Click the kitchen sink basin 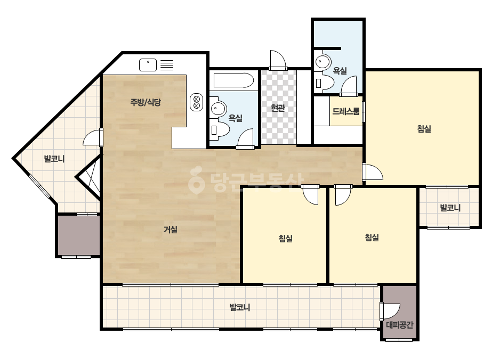pos(148,65)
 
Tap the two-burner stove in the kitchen pos(196,102)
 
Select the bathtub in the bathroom pos(233,80)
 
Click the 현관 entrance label pos(278,108)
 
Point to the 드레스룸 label pos(346,111)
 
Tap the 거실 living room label pos(171,230)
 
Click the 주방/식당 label pos(146,102)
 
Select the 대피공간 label pos(399,325)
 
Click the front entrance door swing pos(278,60)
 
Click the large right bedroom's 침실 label pos(424,128)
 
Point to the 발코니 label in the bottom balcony pos(240,307)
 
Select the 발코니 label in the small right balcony pos(450,208)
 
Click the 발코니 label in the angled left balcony pos(54,159)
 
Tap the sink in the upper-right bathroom pos(323,62)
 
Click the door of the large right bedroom pos(373,172)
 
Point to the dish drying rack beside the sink pos(167,65)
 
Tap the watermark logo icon pos(196,180)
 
